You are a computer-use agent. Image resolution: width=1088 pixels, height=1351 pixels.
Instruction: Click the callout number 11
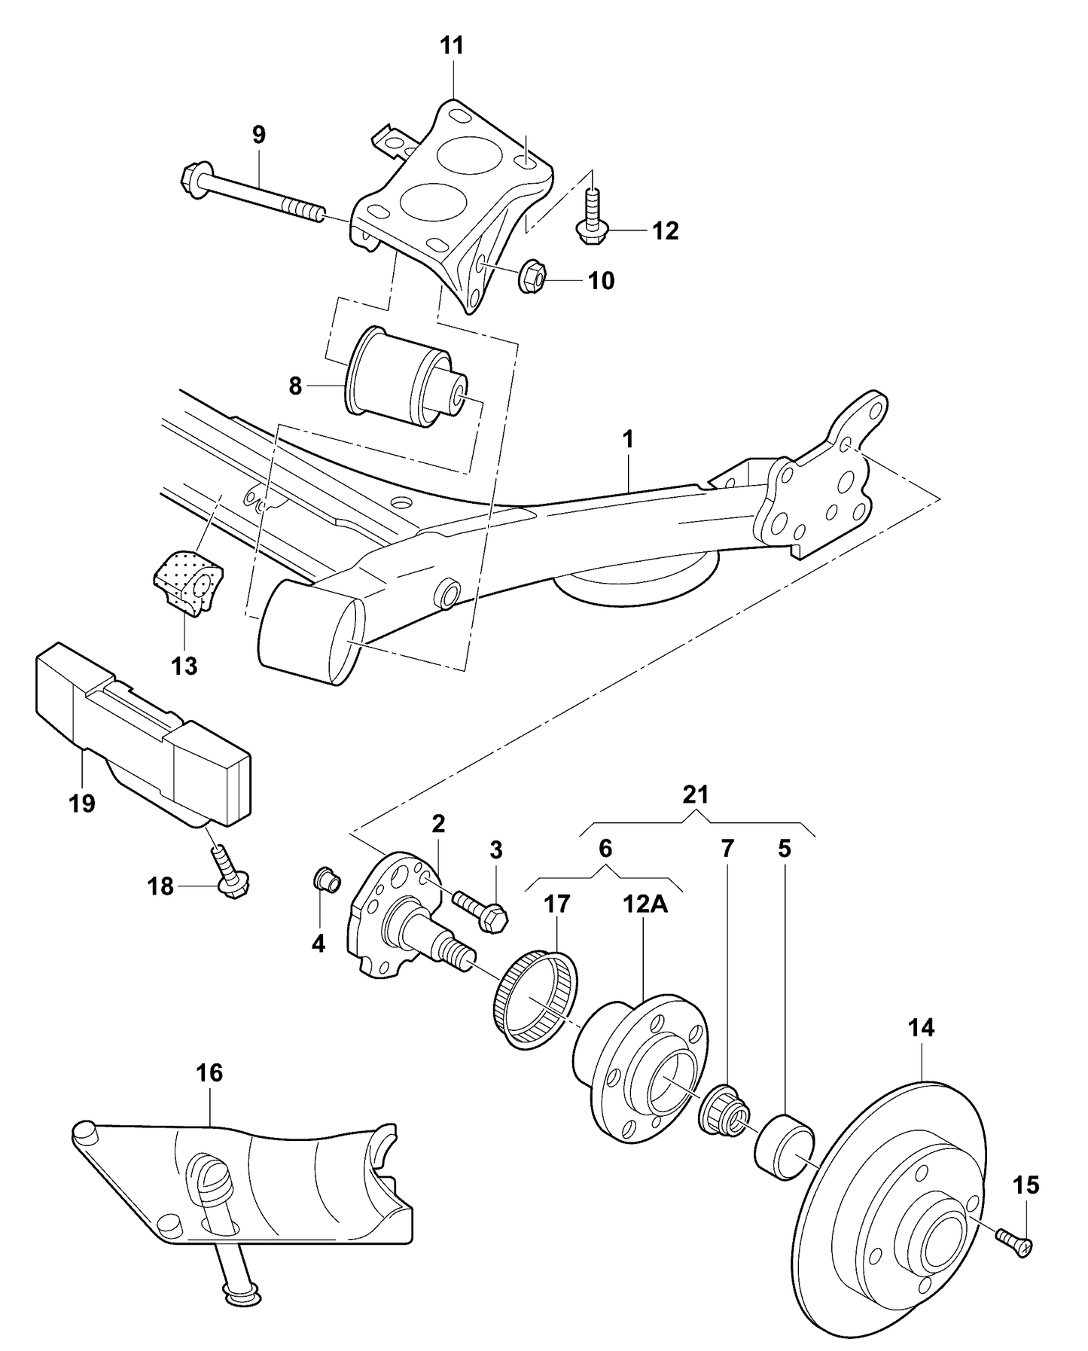452,46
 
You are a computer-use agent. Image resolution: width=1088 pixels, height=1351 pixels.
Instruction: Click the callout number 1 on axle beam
628,439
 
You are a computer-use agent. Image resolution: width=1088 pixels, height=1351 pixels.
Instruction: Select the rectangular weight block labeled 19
143,730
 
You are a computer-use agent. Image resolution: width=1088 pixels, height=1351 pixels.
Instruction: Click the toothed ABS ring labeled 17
536,1000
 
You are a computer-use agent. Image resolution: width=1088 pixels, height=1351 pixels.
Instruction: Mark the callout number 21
696,794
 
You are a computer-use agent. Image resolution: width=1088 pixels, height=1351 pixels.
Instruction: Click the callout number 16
210,1073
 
